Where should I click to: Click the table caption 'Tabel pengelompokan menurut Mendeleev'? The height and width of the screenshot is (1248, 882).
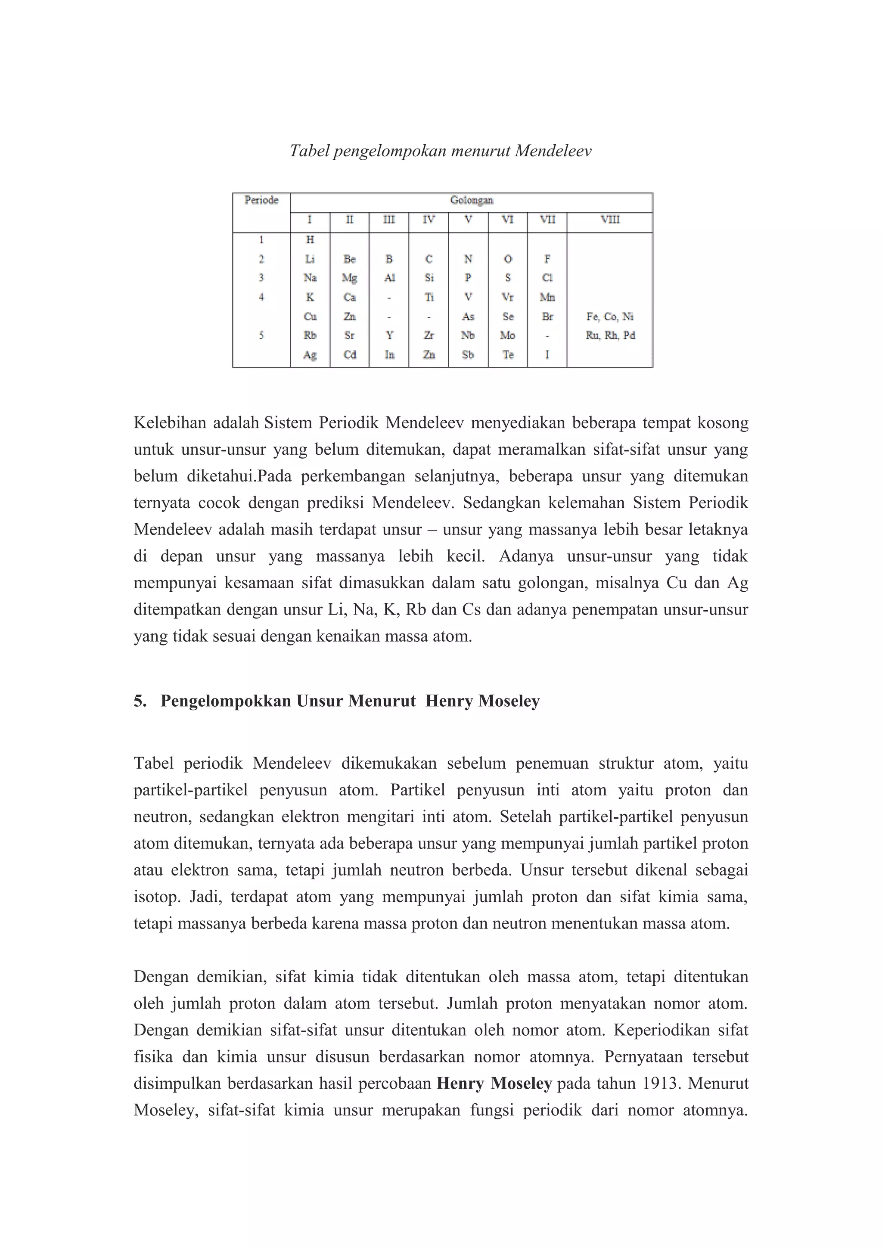[440, 151]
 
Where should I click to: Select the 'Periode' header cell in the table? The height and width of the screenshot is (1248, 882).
[261, 200]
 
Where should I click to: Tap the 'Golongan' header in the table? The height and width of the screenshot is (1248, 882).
[471, 200]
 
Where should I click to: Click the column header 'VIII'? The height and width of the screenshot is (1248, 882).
[610, 220]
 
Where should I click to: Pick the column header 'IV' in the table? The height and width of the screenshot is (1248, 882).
[429, 220]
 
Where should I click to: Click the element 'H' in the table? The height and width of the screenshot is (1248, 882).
[310, 240]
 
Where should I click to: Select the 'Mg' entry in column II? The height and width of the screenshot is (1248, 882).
[349, 278]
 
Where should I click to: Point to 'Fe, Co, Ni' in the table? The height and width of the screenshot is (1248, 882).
[610, 317]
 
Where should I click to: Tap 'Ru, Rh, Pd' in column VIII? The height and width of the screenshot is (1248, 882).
[610, 335]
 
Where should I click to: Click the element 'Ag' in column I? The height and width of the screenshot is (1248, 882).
[310, 355]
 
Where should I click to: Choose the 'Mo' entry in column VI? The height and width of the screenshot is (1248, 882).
[508, 335]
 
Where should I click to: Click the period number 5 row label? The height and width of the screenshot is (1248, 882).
[261, 335]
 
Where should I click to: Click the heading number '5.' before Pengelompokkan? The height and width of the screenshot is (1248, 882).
[140, 701]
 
